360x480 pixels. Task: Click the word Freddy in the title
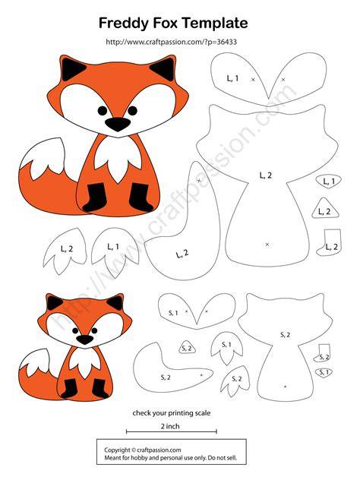point(123,24)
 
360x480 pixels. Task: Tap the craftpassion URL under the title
point(171,42)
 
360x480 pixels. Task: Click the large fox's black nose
point(118,124)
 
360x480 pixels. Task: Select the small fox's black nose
point(85,339)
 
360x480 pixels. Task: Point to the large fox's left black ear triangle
point(71,68)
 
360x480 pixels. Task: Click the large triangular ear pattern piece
point(325,209)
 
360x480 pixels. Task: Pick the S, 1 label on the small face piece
point(173,313)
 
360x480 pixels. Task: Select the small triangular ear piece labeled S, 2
point(187,348)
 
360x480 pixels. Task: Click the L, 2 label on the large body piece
point(265,175)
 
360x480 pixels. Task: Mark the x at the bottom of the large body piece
point(267,245)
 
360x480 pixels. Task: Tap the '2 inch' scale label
point(170,426)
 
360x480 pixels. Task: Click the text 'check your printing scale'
point(172,413)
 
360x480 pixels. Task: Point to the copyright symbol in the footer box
point(134,450)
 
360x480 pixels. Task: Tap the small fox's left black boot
point(70,388)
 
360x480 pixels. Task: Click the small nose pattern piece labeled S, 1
point(324,372)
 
